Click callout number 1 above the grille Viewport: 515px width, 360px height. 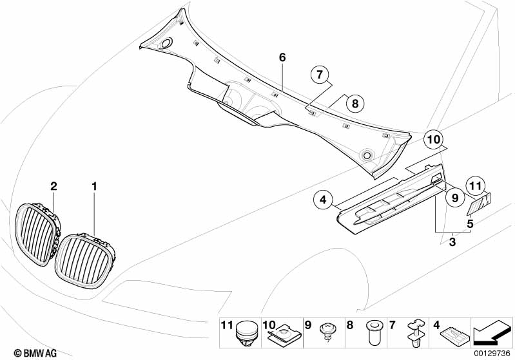(94, 186)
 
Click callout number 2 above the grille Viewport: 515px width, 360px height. (54, 186)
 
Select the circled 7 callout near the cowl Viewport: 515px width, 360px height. (318, 75)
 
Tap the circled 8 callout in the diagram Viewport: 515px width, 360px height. (354, 103)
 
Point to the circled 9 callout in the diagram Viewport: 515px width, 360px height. (454, 198)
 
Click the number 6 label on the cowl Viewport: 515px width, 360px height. (282, 57)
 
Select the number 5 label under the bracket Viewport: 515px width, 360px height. (471, 224)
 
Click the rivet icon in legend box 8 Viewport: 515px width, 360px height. (372, 333)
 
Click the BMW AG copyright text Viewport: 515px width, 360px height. (26, 352)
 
